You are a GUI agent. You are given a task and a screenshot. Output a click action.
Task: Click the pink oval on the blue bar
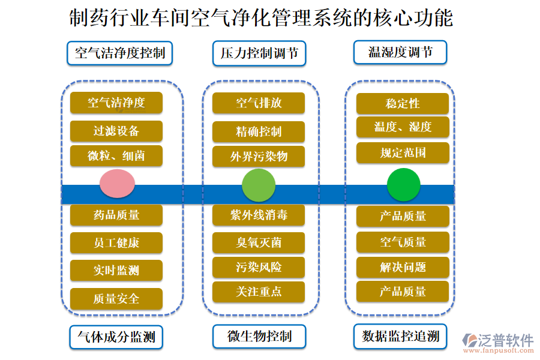(x=117, y=184)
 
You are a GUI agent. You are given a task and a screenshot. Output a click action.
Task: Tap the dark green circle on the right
(x=403, y=184)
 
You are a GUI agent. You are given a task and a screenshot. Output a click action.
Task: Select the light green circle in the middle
(x=259, y=184)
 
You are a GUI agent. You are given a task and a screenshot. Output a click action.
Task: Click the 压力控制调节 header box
(x=259, y=53)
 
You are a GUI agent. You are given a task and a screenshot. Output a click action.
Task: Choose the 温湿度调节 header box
(x=400, y=52)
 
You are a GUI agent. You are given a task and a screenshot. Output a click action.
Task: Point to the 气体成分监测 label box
(x=116, y=337)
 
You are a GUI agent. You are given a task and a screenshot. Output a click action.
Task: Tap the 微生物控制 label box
(x=259, y=336)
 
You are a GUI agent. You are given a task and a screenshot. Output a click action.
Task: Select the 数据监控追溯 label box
(x=400, y=336)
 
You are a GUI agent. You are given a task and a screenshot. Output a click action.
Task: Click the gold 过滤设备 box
(x=116, y=131)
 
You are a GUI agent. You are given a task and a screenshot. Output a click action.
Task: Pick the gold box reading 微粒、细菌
(x=116, y=156)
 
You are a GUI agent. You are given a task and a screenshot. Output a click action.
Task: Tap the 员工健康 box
(x=116, y=243)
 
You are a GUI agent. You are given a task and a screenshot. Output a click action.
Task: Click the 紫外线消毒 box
(x=259, y=215)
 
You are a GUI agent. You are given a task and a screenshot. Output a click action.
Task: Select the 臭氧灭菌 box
(x=259, y=242)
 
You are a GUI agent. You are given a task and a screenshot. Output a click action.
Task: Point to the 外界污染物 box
(x=259, y=157)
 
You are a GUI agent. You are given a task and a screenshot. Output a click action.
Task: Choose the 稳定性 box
(x=403, y=103)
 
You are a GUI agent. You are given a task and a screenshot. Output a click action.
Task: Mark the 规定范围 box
(x=403, y=153)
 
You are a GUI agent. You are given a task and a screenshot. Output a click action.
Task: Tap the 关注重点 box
(x=259, y=292)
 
